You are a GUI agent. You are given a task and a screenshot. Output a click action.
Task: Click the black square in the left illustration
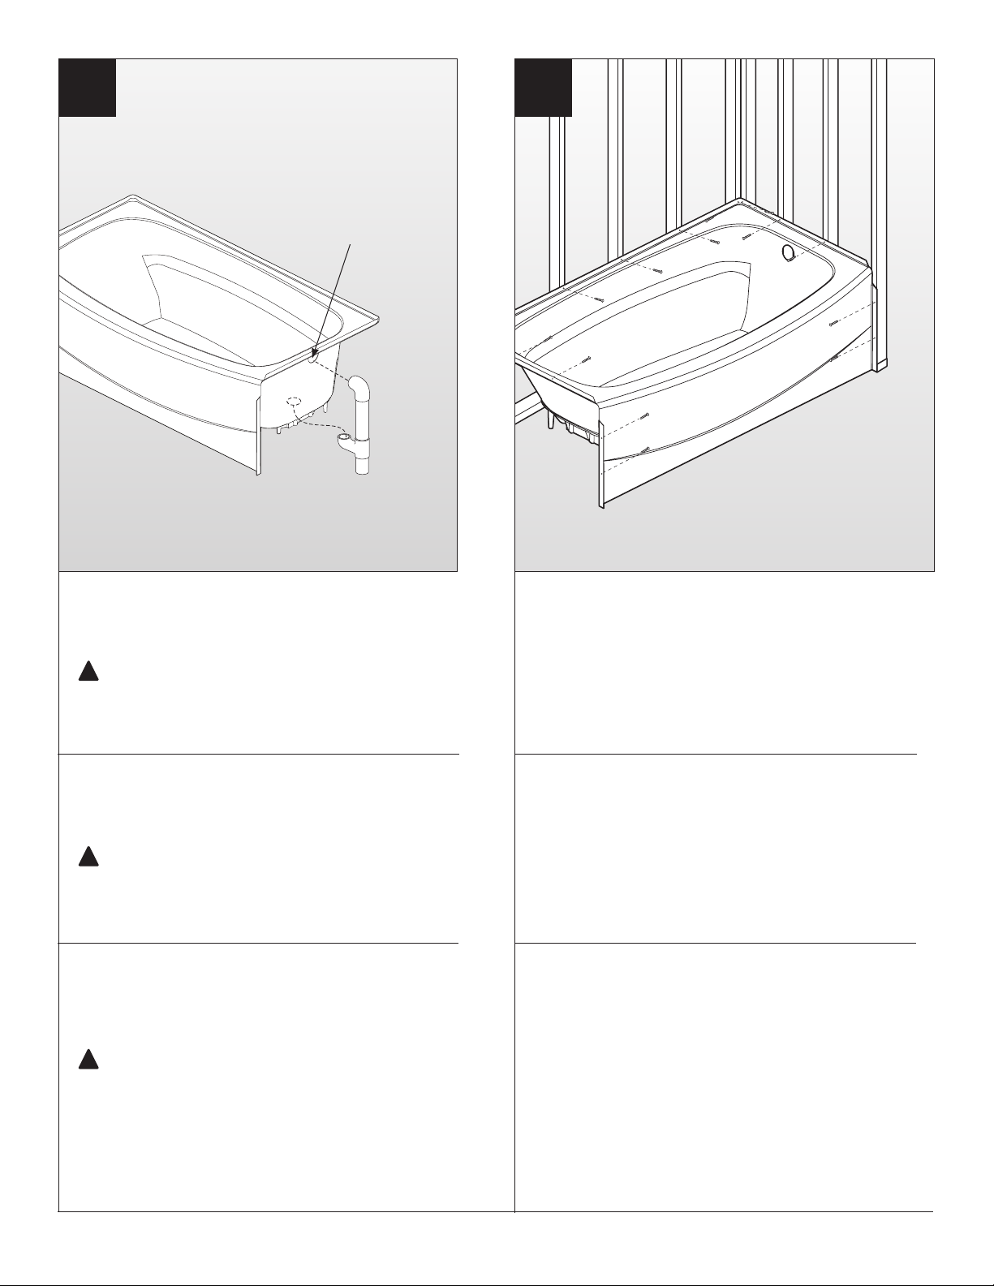[88, 88]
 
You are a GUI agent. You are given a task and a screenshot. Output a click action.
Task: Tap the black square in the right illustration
[544, 88]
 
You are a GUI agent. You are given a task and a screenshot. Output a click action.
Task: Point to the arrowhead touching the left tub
[314, 353]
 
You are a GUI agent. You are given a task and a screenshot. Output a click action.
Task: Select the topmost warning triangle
[88, 672]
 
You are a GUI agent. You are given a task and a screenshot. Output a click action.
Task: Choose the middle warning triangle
[88, 857]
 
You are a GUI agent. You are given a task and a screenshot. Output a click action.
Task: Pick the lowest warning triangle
[88, 1059]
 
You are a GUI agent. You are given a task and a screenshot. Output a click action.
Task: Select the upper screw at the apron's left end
[644, 416]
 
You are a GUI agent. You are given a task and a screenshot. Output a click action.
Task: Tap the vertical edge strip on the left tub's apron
[258, 437]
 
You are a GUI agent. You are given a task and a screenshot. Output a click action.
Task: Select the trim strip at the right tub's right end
[876, 325]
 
